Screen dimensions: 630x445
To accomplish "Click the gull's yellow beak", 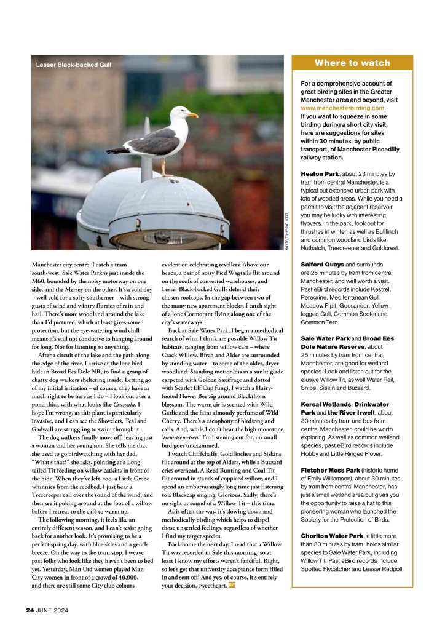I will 192,114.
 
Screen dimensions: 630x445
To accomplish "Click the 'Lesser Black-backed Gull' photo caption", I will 73,65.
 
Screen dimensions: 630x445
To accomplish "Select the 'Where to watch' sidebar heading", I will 352,63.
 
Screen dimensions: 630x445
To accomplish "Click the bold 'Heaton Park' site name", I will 320,175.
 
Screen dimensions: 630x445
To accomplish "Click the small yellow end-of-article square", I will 231,584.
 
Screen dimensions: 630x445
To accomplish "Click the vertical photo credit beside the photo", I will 286,231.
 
